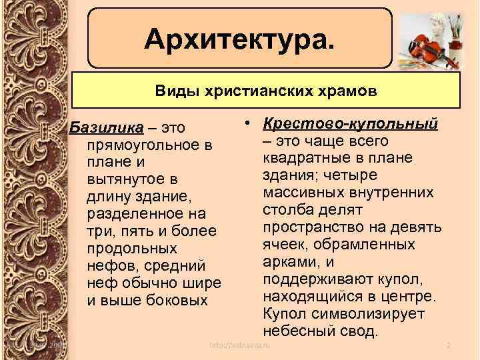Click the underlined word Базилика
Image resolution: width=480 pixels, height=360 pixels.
[100, 127]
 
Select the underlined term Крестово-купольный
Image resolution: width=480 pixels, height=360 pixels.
[350, 124]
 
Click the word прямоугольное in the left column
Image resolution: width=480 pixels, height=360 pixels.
[143, 144]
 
